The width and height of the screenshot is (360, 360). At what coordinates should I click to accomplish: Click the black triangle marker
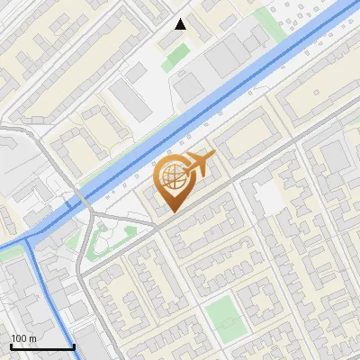(x=181, y=24)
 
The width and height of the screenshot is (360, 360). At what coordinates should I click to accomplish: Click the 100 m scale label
(x=23, y=338)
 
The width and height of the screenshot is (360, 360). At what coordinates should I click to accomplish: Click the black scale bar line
(x=41, y=346)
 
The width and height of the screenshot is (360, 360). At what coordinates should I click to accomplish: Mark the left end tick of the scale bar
(x=10, y=346)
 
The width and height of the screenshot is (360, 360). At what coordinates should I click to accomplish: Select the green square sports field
(x=221, y=315)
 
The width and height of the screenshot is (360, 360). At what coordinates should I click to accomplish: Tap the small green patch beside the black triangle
(x=176, y=54)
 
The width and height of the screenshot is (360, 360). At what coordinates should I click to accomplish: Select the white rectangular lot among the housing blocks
(x=269, y=197)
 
